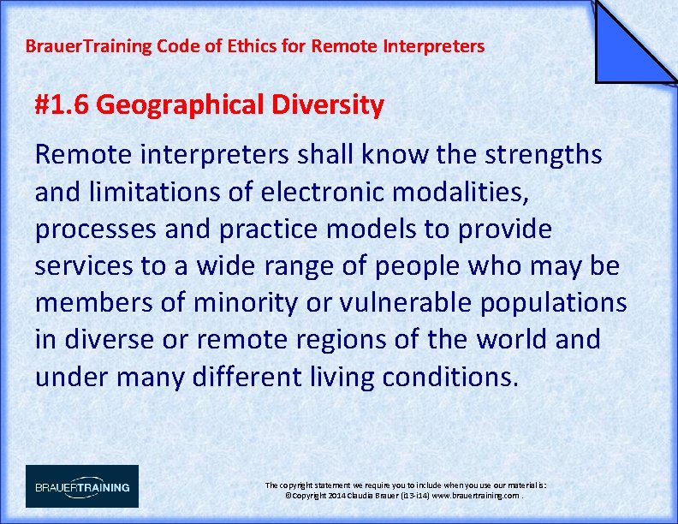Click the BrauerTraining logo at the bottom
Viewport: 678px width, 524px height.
pyautogui.click(x=82, y=486)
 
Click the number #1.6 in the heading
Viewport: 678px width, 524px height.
pyautogui.click(x=62, y=105)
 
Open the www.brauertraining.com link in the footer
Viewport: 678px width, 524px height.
pyautogui.click(x=475, y=496)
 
